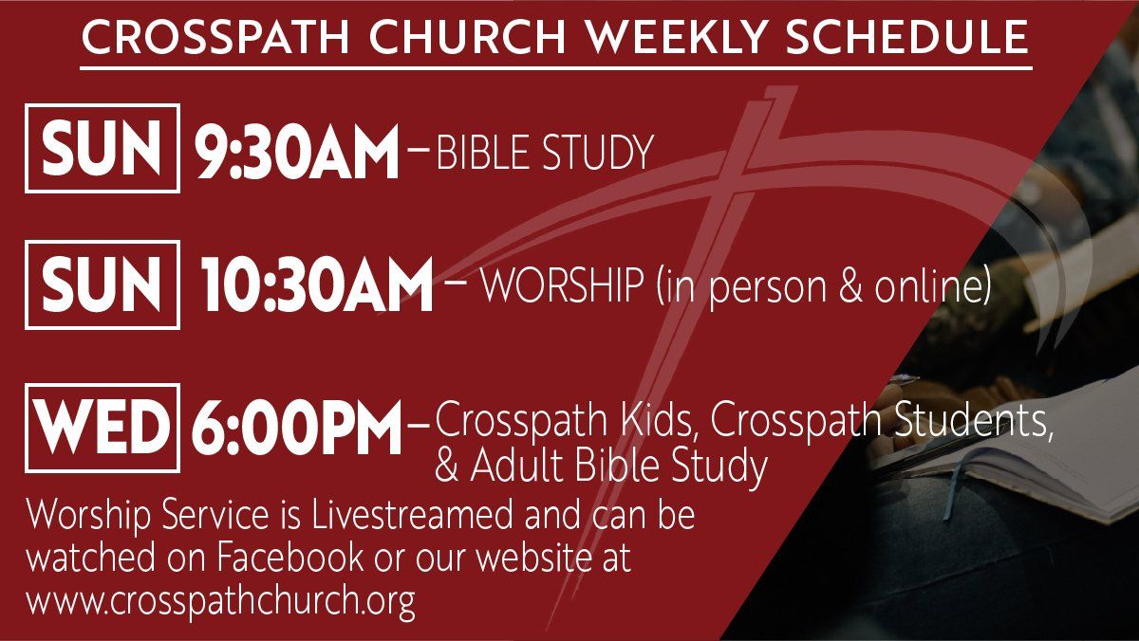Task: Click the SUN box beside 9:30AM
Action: click(103, 148)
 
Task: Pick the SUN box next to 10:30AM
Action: click(103, 284)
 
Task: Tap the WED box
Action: click(103, 428)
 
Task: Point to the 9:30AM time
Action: click(297, 152)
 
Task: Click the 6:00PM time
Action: click(296, 430)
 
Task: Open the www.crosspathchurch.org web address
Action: click(221, 601)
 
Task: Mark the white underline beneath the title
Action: click(556, 67)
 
